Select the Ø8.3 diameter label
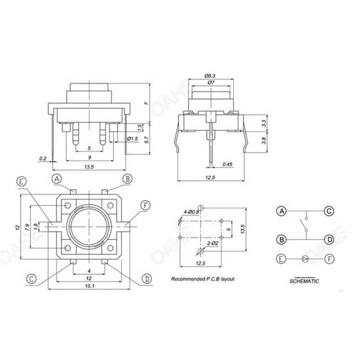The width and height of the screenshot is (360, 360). [210, 75]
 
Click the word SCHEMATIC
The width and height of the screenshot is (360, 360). [304, 281]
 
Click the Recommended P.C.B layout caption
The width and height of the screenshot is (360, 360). [202, 279]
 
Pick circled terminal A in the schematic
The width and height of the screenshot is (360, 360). [282, 211]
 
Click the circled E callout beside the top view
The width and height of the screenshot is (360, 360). [21, 182]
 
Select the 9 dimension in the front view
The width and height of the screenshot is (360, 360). [89, 157]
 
